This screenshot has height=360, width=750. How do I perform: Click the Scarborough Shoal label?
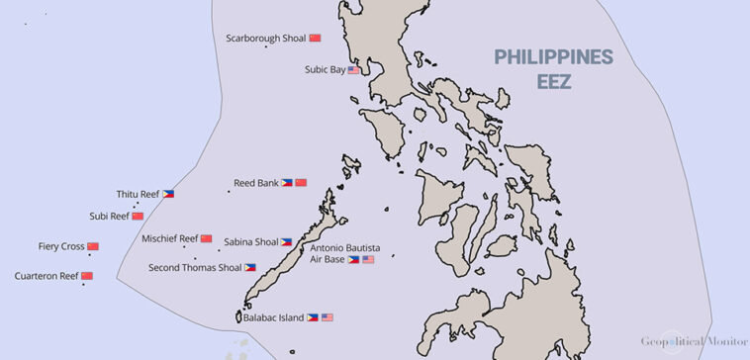click(x=265, y=38)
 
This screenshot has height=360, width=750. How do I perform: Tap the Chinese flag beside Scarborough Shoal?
click(x=316, y=38)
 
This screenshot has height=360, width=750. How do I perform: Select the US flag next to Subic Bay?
click(x=353, y=70)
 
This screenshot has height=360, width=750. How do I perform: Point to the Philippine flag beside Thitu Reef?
click(x=168, y=194)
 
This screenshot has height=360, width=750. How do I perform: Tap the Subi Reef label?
click(x=109, y=216)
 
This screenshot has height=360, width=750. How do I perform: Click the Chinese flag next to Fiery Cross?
click(x=93, y=246)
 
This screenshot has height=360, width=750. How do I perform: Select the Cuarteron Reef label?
click(x=47, y=276)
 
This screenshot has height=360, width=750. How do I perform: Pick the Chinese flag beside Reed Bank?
click(x=301, y=183)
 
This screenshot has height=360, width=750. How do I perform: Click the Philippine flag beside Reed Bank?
click(x=286, y=183)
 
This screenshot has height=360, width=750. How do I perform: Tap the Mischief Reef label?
click(x=169, y=238)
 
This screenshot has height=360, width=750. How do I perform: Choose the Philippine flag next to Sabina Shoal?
click(x=286, y=241)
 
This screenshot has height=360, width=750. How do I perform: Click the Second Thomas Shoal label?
click(x=194, y=267)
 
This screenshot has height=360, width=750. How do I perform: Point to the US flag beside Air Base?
click(x=368, y=259)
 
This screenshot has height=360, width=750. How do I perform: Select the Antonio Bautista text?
click(x=345, y=247)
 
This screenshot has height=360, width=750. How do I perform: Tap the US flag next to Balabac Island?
click(x=328, y=317)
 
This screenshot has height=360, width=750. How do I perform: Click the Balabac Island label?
click(x=274, y=317)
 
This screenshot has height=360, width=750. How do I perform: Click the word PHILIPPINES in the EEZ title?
click(x=554, y=57)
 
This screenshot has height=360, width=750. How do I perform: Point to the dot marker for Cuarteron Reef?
click(x=83, y=285)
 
